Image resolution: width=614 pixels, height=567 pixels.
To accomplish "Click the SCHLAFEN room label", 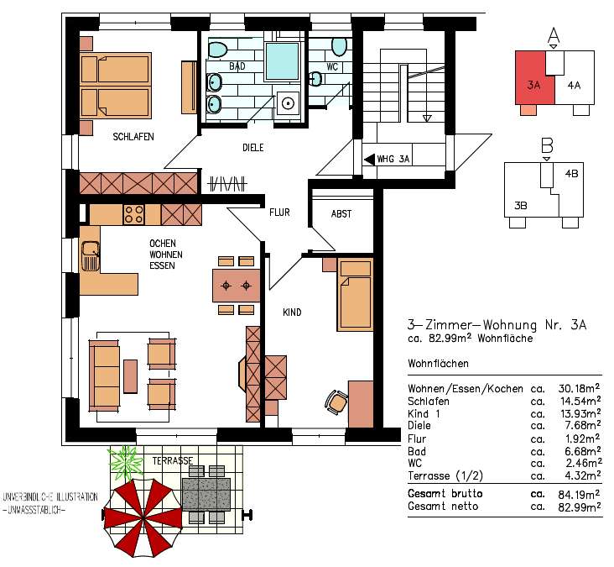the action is click(x=133, y=137).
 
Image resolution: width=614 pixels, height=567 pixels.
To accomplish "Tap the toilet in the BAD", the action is click(x=218, y=49).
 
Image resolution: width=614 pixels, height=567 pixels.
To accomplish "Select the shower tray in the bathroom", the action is click(x=282, y=61).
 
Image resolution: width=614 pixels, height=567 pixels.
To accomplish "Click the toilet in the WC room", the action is click(x=339, y=47).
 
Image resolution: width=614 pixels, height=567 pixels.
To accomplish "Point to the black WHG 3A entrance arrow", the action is click(x=369, y=160).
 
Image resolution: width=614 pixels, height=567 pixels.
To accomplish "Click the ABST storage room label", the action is click(x=341, y=214).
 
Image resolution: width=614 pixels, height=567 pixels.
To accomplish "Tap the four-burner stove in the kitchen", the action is click(x=133, y=214).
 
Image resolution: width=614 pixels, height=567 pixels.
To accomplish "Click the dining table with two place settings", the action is click(x=237, y=285).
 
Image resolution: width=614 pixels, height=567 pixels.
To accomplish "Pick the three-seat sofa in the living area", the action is click(x=104, y=375).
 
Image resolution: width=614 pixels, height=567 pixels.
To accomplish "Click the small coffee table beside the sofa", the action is click(x=130, y=376).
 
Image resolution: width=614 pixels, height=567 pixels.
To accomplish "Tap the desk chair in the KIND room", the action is click(x=336, y=402).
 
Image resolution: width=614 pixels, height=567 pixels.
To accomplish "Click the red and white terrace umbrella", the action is click(x=143, y=518).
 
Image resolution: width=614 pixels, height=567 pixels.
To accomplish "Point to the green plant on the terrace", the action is click(x=125, y=462).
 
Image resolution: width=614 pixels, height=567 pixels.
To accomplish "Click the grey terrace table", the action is click(x=206, y=494).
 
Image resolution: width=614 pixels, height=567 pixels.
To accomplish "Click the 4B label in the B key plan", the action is click(x=572, y=173).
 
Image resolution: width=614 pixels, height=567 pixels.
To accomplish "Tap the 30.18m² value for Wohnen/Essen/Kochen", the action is click(x=579, y=388).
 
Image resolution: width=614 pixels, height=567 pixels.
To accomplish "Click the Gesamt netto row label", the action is click(x=443, y=507).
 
